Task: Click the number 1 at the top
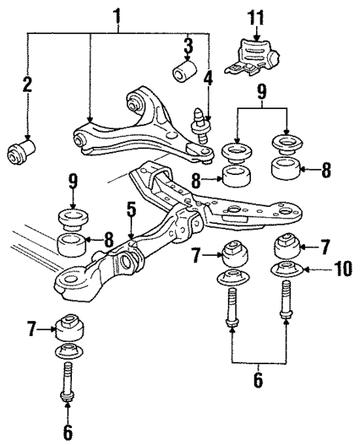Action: (116, 14)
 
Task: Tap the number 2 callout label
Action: (27, 85)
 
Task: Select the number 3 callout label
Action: (188, 44)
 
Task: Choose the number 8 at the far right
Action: (327, 168)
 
